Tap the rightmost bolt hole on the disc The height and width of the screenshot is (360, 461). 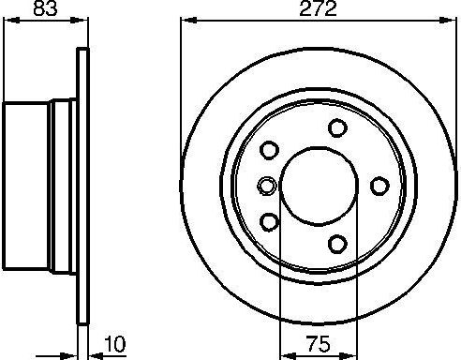[x=379, y=185]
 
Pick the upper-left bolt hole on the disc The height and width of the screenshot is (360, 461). [x=270, y=150]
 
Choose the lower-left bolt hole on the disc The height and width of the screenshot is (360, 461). [x=270, y=220]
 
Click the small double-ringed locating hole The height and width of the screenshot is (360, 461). [x=266, y=185]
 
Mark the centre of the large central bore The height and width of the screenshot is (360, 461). [x=317, y=185]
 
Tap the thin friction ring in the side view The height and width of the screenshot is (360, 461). [x=82, y=185]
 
